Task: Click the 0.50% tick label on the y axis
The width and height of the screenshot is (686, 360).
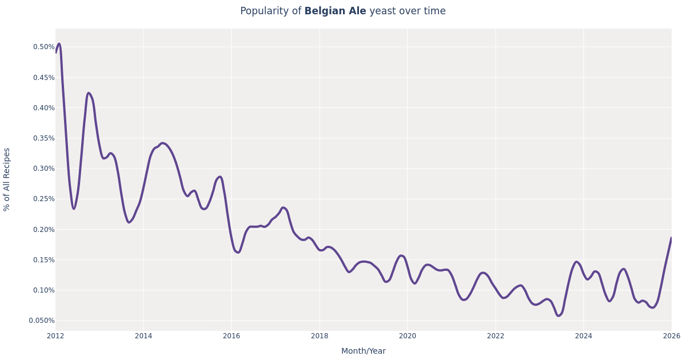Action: [43, 47]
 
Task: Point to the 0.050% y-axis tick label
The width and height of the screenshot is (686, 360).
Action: [42, 321]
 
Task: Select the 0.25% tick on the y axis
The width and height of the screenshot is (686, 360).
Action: [43, 199]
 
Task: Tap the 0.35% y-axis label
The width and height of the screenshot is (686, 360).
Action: [43, 138]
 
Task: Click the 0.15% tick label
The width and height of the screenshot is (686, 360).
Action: [43, 260]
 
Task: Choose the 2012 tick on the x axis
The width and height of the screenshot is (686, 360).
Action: [55, 336]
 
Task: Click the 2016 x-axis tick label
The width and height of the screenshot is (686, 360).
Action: [232, 336]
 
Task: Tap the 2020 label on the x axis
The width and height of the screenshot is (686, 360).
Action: [408, 336]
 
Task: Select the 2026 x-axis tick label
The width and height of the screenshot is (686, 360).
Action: [671, 336]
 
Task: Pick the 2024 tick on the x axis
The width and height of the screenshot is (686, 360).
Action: [584, 336]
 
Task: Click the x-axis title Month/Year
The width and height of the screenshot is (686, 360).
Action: [364, 351]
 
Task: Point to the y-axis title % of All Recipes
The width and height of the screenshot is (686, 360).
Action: [7, 179]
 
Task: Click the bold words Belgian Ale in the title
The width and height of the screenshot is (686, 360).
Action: [335, 11]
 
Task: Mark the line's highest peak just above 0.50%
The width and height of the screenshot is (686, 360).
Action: [59, 43]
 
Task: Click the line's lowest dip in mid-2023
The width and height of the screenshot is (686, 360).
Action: [559, 315]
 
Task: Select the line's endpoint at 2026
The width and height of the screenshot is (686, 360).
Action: [671, 238]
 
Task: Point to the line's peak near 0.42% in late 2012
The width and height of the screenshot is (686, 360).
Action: [88, 93]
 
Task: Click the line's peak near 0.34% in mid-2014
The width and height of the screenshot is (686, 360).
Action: [162, 143]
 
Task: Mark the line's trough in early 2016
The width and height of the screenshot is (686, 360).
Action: [238, 252]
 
